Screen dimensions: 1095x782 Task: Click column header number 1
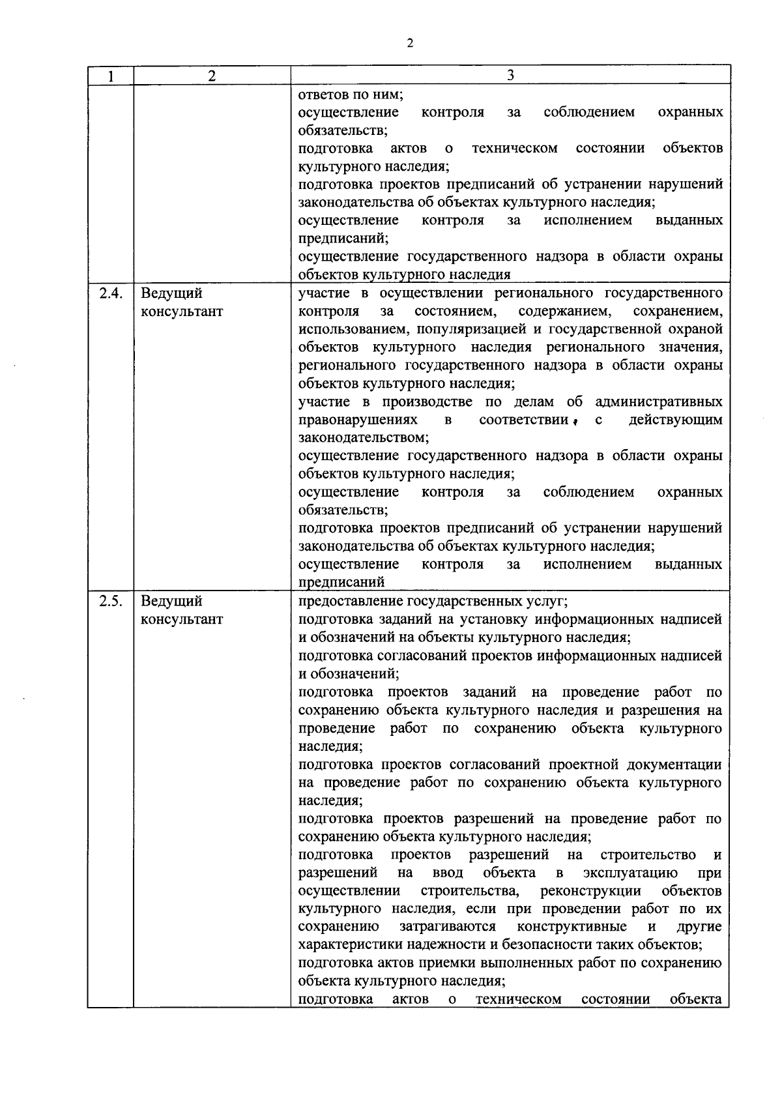(x=111, y=76)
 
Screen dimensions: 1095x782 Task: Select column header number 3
(x=510, y=76)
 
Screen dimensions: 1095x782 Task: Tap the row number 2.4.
(x=111, y=293)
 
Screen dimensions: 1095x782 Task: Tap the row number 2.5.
(x=111, y=601)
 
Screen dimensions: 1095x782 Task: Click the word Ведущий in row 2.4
(x=171, y=293)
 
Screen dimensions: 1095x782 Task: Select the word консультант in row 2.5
(x=182, y=619)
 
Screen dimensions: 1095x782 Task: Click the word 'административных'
(x=659, y=401)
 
